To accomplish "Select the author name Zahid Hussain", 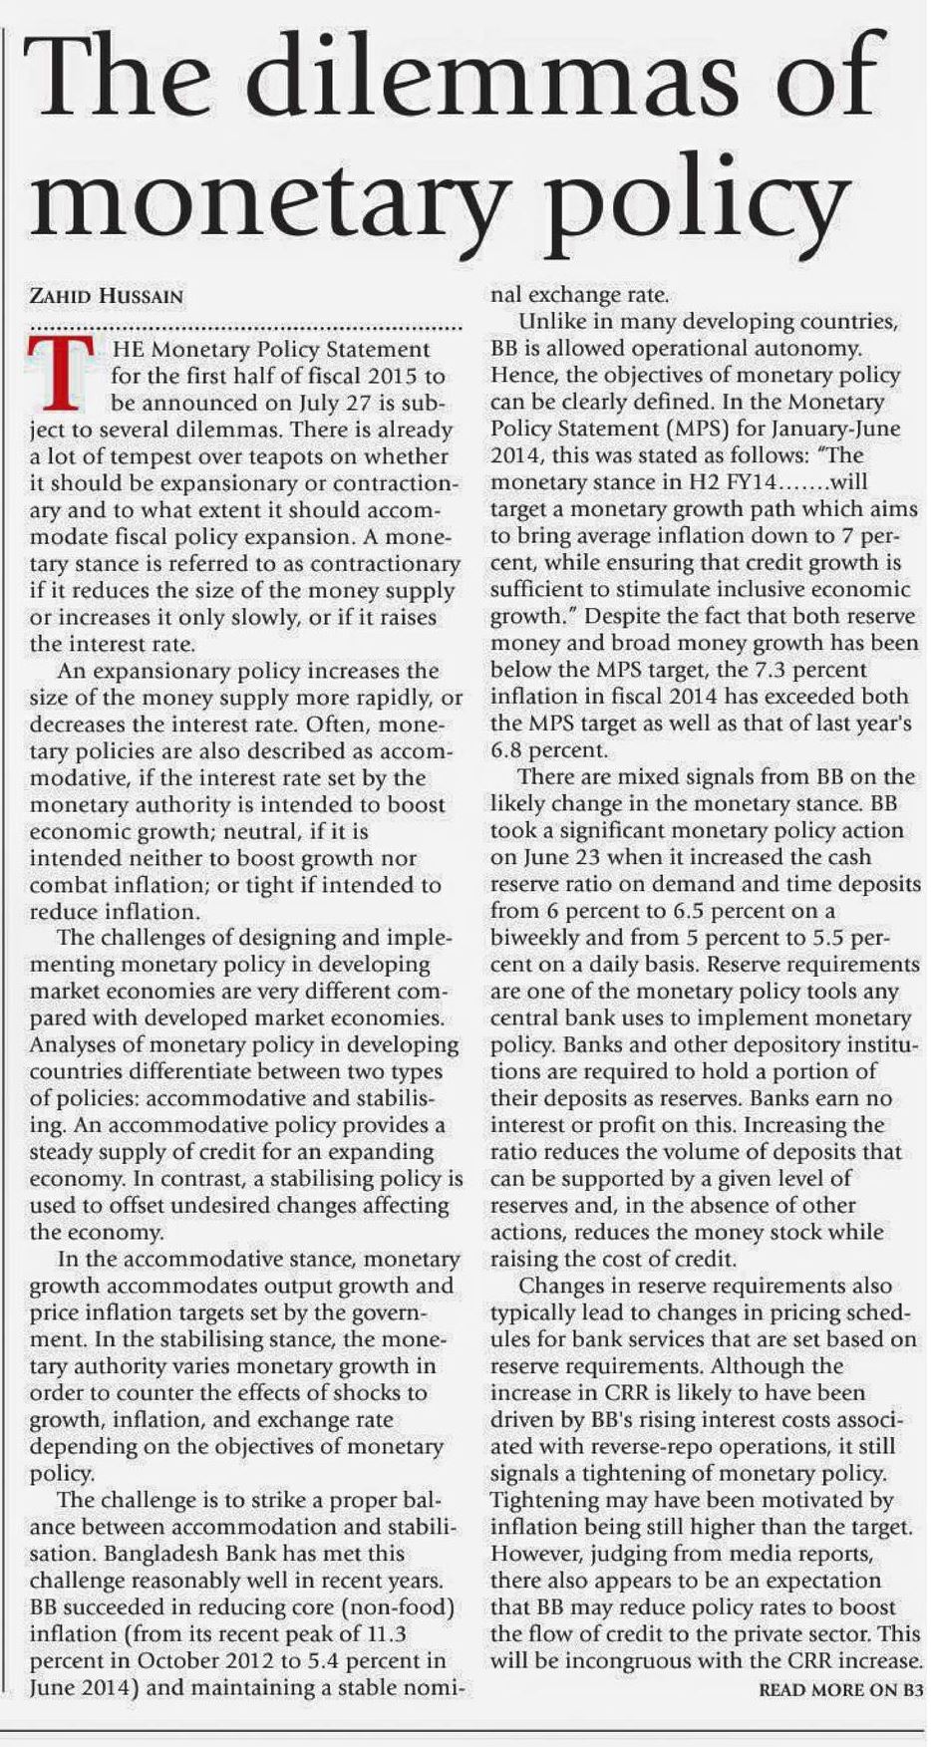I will [x=107, y=297].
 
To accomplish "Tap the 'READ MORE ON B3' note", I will [x=841, y=1690].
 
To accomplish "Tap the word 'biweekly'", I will [x=538, y=938].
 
